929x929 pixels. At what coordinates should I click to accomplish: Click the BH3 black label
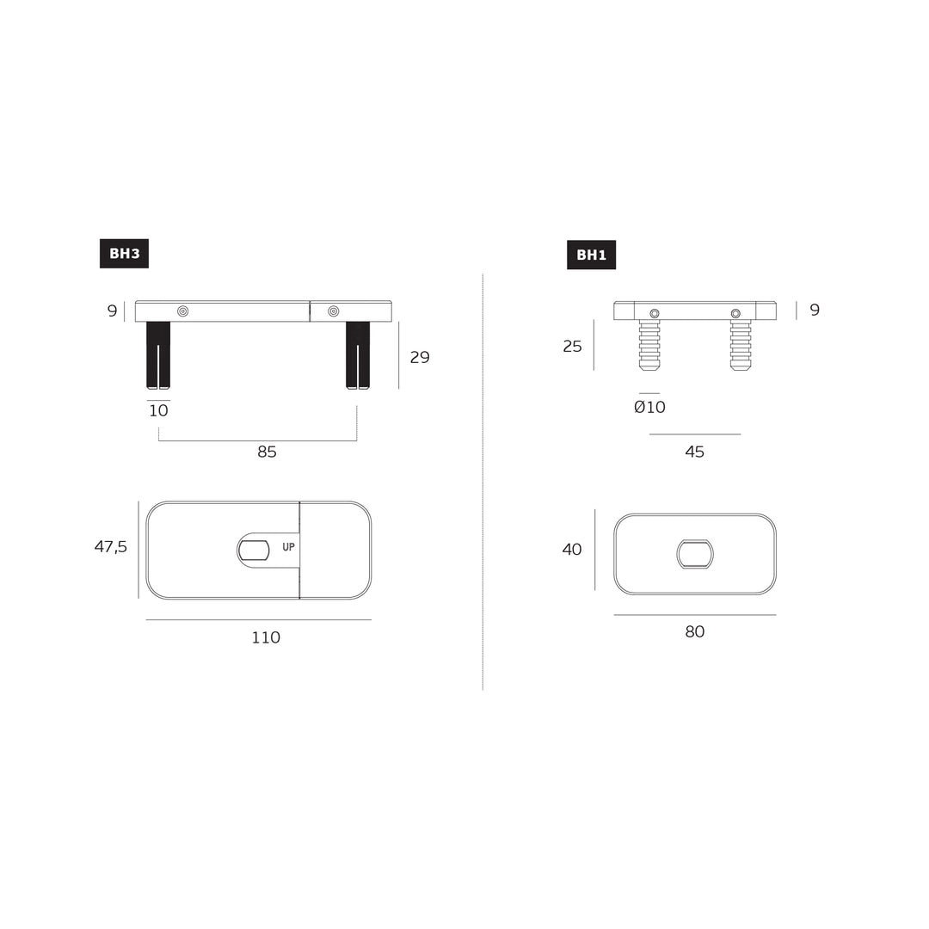point(124,254)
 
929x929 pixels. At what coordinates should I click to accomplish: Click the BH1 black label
point(591,255)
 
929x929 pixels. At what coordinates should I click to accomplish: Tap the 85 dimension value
point(267,452)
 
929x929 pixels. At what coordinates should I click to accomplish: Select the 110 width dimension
point(266,638)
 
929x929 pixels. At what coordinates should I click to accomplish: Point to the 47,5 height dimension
point(111,547)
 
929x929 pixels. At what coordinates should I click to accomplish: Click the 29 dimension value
point(420,358)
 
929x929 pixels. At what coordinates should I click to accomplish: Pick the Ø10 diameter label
point(649,408)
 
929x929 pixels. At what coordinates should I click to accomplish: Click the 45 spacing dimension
point(694,452)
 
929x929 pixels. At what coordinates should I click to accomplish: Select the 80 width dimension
point(694,632)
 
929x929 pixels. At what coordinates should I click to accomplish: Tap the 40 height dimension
point(572,550)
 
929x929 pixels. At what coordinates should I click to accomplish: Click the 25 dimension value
point(572,347)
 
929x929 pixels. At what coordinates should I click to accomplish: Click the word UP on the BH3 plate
point(288,547)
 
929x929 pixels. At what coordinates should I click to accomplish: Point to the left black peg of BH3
point(158,354)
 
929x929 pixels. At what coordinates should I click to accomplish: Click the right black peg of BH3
point(358,354)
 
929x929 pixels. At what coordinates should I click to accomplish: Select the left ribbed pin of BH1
point(649,345)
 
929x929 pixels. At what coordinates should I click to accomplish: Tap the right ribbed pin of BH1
point(741,345)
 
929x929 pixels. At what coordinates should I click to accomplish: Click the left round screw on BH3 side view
point(182,311)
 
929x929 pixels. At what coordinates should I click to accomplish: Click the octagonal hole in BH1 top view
point(695,554)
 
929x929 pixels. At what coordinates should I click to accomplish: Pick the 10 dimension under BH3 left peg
point(158,411)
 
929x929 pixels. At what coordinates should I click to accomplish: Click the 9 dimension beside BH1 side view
point(815,311)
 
